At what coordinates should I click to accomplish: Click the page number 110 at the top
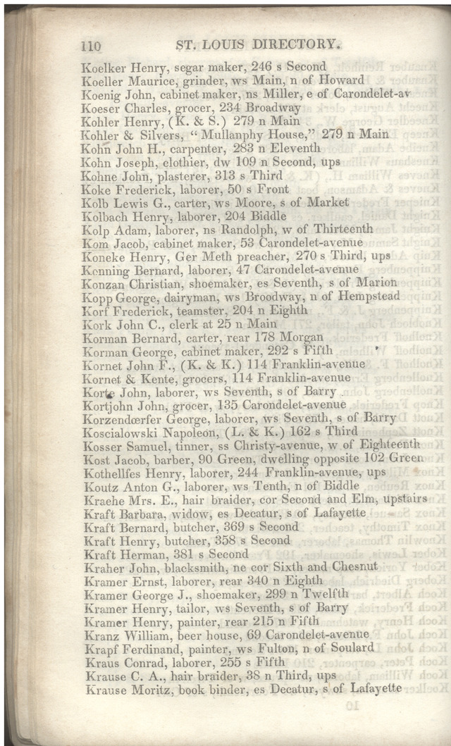click(x=92, y=46)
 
